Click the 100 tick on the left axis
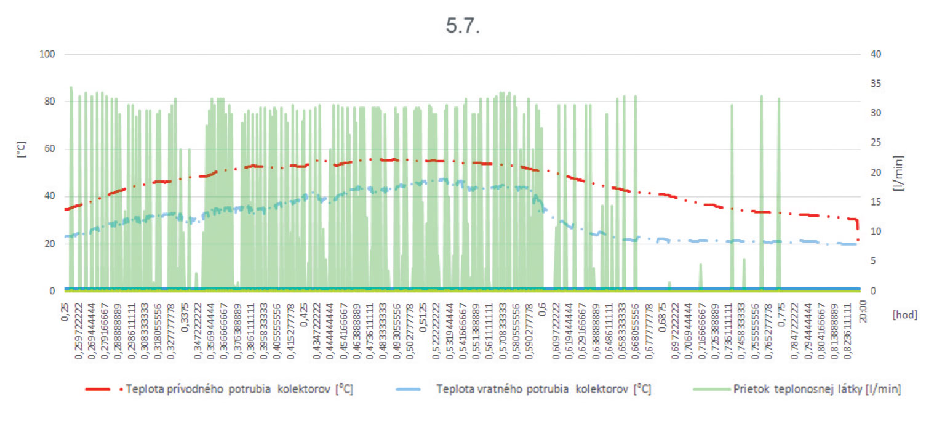48,54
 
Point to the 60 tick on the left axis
50,149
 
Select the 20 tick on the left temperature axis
50,244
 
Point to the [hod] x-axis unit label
904,315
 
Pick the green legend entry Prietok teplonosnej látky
800,389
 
